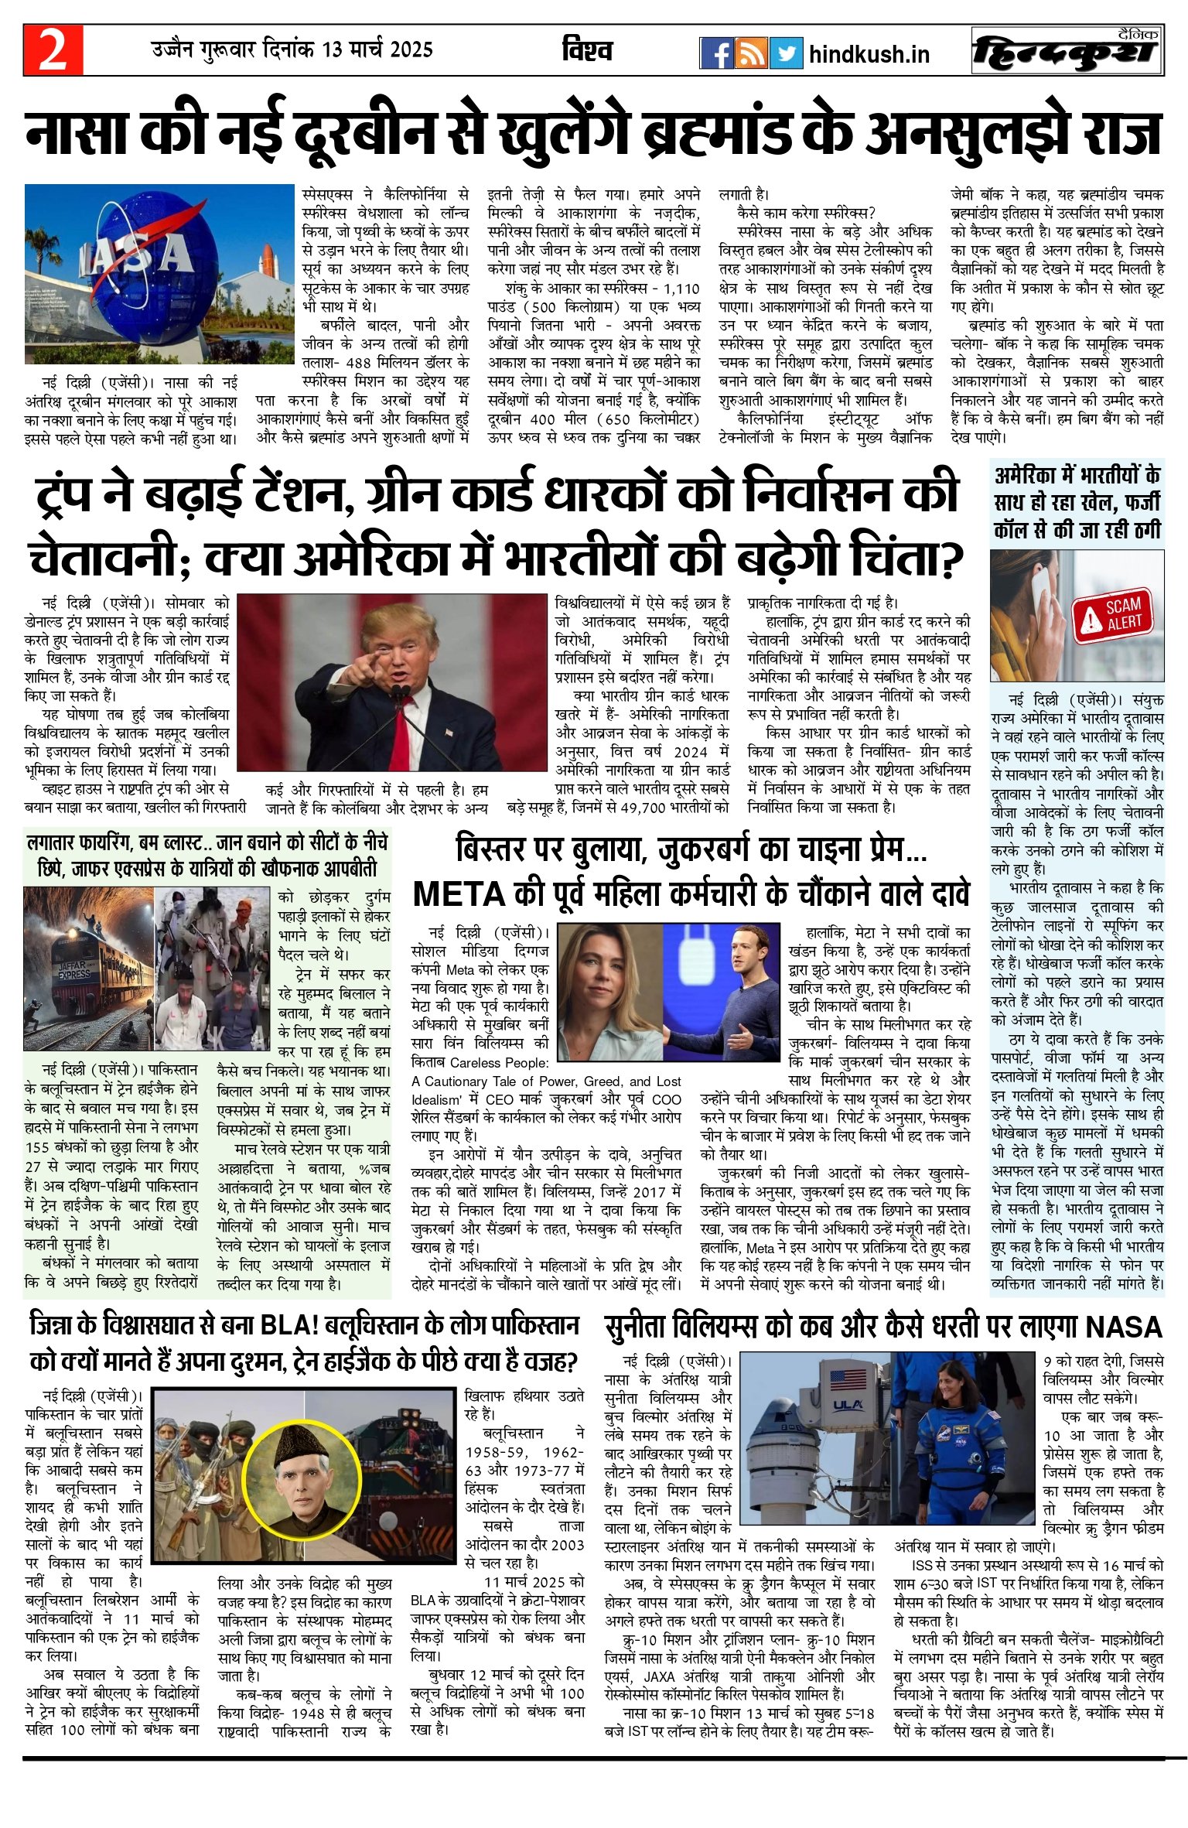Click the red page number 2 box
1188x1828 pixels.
[x=53, y=50]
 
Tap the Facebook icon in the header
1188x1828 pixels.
[x=717, y=53]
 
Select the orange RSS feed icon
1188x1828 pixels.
[x=752, y=53]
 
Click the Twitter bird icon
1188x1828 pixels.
[x=787, y=53]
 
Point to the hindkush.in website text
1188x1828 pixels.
[x=869, y=55]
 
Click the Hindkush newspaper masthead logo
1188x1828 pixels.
[x=1067, y=52]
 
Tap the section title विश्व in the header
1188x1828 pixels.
[x=587, y=51]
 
